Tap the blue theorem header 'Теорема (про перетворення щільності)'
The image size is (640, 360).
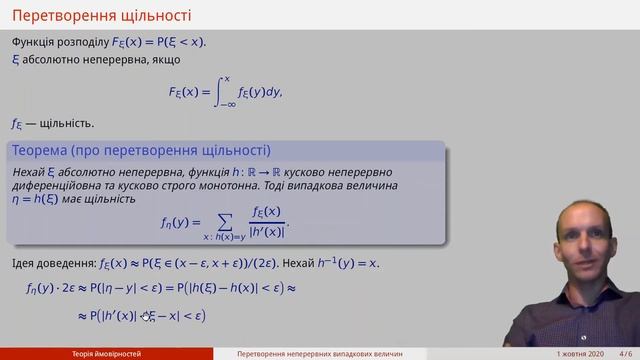(x=141, y=151)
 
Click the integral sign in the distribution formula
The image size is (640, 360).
(x=225, y=92)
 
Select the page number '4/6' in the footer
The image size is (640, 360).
(x=624, y=354)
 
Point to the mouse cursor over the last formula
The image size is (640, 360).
(x=146, y=316)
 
